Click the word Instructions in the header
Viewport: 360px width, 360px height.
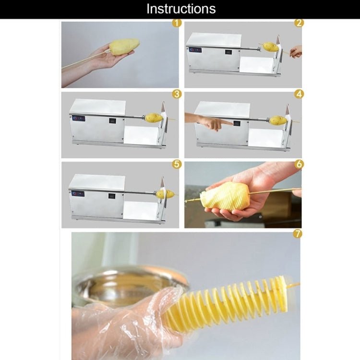(181, 9)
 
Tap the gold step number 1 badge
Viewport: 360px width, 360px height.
(177, 23)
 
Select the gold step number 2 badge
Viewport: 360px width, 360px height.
(299, 23)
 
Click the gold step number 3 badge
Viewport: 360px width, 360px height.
(177, 94)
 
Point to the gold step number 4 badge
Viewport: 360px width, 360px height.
(299, 94)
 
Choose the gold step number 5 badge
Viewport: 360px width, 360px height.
(177, 164)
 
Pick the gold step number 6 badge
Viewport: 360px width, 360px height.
(299, 164)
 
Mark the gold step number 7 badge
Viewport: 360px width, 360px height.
(297, 234)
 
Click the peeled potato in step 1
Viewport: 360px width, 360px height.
(124, 47)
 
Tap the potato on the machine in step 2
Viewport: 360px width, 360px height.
(270, 47)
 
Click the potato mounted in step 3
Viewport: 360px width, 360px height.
(154, 118)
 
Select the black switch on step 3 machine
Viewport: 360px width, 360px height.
(112, 121)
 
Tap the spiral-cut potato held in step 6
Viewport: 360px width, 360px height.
(225, 197)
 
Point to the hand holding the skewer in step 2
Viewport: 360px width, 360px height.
(296, 52)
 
